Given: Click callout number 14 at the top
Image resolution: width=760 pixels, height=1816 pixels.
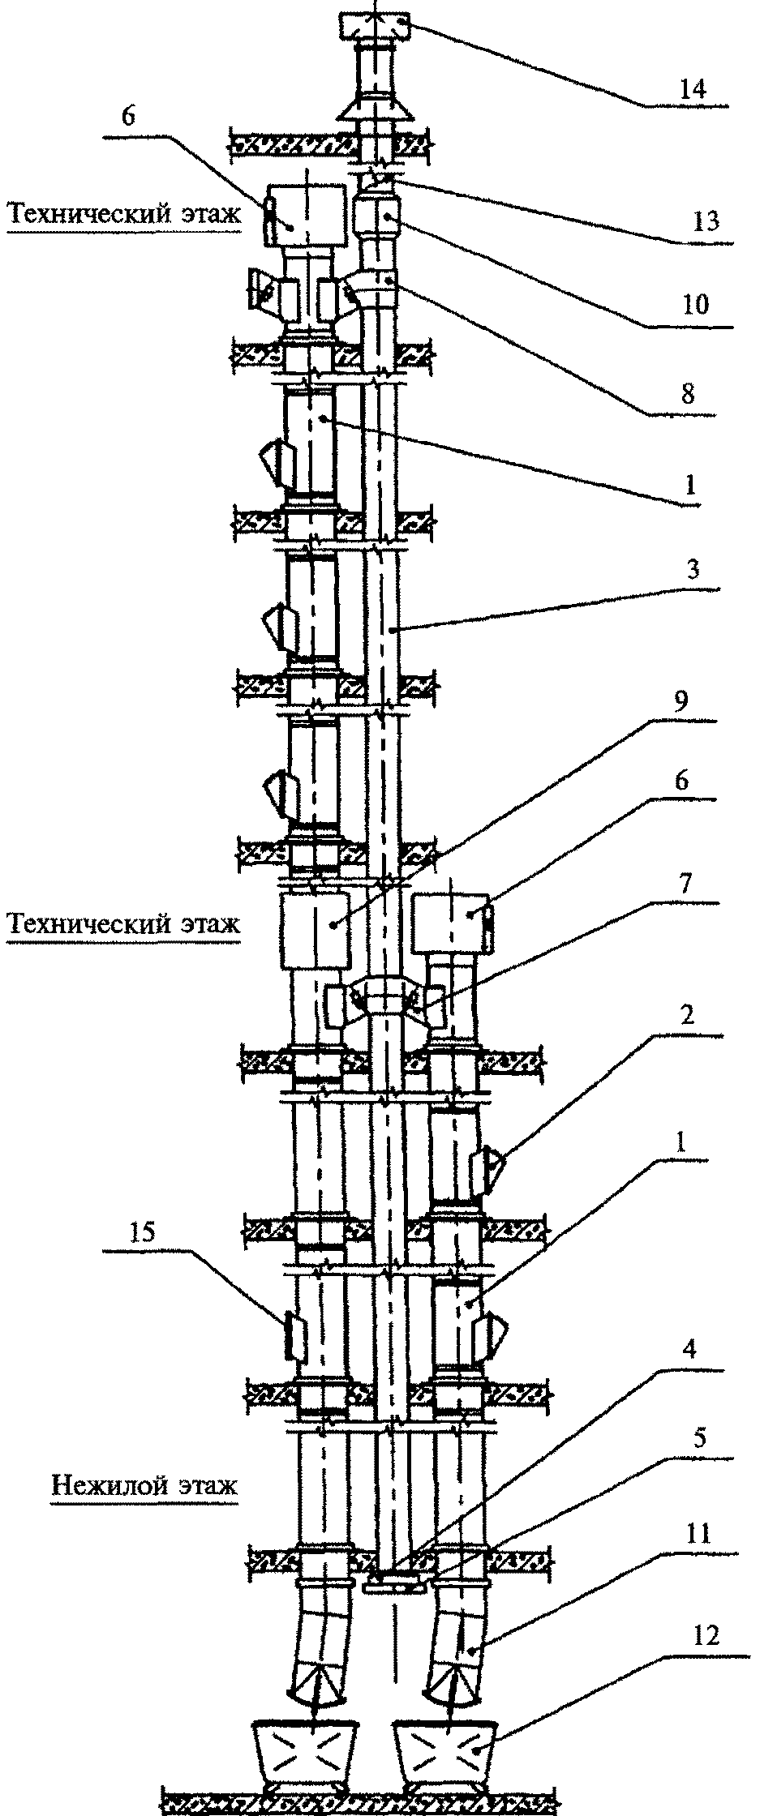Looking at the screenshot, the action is [x=693, y=88].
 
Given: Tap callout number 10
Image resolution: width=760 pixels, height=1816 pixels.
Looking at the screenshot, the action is [x=694, y=305].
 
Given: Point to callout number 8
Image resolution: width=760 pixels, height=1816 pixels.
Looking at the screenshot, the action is [x=687, y=395].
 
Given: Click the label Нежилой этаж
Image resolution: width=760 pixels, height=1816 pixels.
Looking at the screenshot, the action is [x=144, y=1486].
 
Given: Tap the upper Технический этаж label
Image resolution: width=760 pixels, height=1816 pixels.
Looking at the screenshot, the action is [x=124, y=214].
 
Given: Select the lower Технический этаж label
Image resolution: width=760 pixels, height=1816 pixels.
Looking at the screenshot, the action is [x=124, y=923].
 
